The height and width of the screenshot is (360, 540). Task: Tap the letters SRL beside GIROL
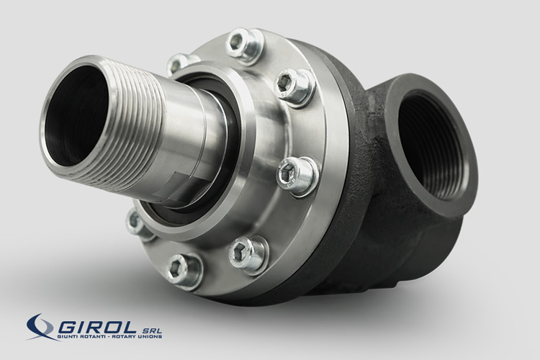tap(151, 329)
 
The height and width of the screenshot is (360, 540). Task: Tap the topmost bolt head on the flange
tap(243, 46)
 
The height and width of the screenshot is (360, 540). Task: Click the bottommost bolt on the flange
tap(183, 271)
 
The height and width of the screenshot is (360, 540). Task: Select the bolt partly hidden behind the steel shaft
tap(178, 64)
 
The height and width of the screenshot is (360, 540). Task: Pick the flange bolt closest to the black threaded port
tap(297, 175)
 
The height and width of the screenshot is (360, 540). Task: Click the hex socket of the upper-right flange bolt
tap(285, 83)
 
